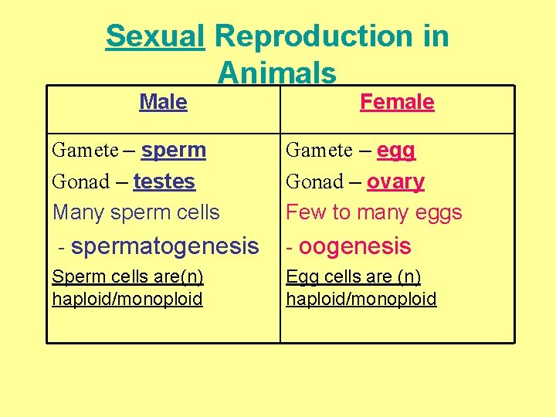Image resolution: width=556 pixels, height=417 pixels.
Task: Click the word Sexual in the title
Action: point(155,36)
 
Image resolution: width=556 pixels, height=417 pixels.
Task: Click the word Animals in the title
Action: point(277,73)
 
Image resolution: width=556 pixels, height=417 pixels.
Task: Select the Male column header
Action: point(163,102)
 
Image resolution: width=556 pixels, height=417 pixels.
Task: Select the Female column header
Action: point(397,102)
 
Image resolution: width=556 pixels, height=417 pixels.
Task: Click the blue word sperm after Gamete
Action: point(174,150)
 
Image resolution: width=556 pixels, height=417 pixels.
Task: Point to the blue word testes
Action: point(164,181)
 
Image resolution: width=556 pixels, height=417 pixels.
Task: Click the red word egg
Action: point(396,150)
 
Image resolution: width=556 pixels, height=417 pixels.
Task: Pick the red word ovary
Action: point(395,181)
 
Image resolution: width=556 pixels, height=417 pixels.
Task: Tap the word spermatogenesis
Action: point(164,246)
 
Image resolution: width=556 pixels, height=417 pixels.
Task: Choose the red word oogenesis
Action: point(354,246)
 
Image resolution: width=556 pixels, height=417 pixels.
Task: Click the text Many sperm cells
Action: point(136,212)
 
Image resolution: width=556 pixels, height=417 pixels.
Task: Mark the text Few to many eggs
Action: point(374,212)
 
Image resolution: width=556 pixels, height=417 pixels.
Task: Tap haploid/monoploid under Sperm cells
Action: point(127,299)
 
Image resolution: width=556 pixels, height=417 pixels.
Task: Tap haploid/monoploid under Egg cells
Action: point(361,299)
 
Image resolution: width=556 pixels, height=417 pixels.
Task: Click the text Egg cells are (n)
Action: point(354,277)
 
